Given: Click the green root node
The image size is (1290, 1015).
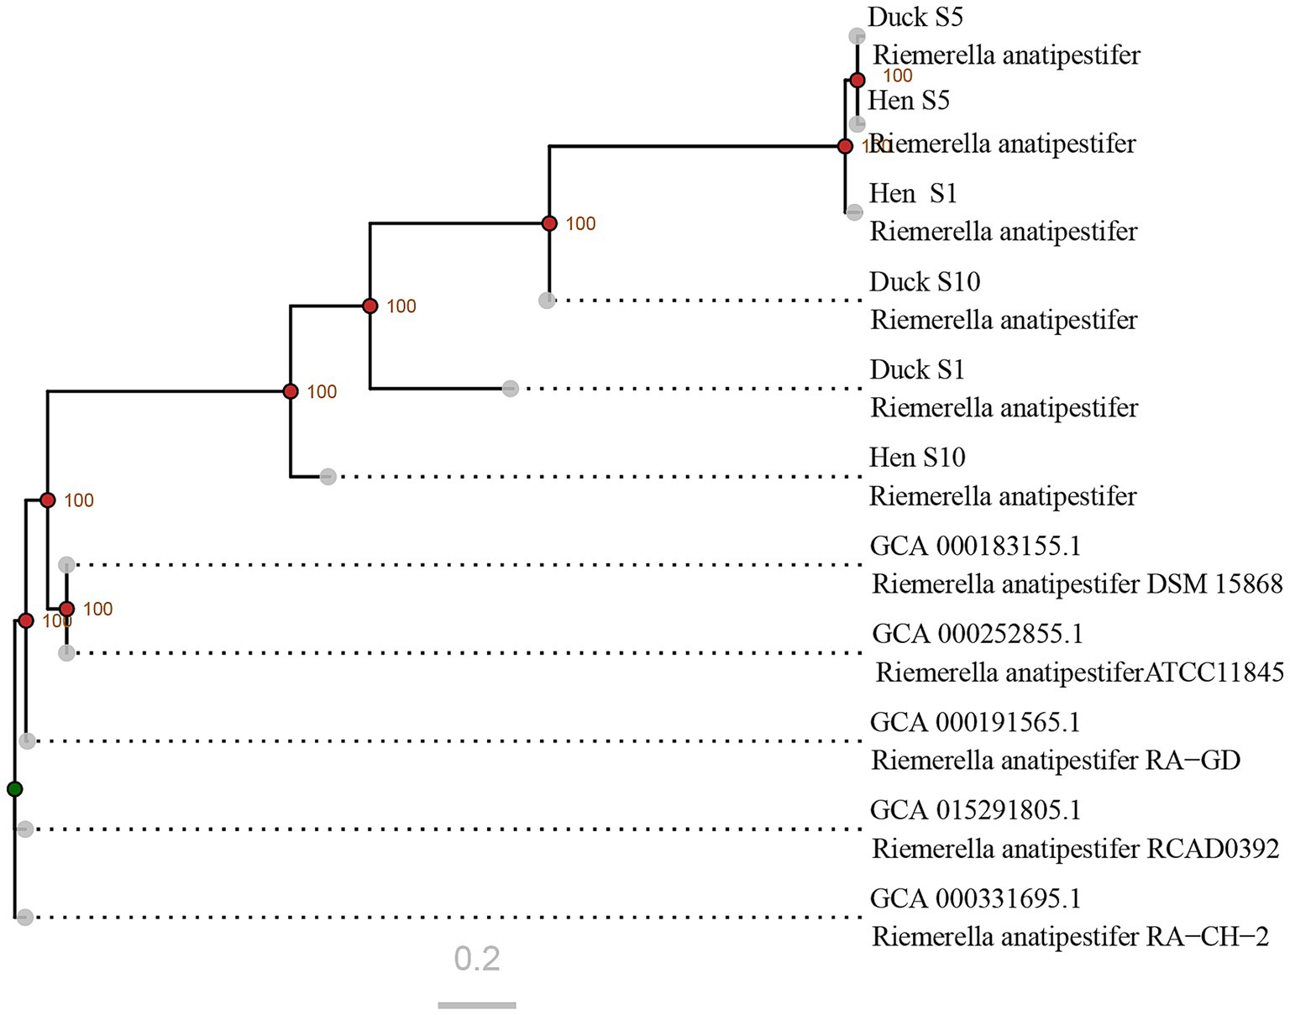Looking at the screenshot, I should (14, 789).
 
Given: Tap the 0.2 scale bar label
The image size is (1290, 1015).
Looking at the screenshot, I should (477, 959).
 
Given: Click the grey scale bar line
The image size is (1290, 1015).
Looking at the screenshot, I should (477, 1005).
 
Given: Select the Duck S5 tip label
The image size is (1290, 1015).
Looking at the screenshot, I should (915, 18).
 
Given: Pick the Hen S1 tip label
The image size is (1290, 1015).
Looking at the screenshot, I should (913, 194).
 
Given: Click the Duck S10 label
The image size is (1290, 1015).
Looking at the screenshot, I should (925, 282).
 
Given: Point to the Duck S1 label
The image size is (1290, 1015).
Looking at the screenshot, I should (917, 370).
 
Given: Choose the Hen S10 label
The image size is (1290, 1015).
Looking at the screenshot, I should (917, 458).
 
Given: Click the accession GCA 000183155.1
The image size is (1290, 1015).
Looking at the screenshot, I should (975, 547).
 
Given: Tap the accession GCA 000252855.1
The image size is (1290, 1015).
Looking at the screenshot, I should (978, 634).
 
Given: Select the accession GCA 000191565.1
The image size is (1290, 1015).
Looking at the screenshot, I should (975, 722).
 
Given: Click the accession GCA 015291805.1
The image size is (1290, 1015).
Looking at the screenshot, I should (975, 810).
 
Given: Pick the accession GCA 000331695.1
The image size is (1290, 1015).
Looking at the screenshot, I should (975, 898).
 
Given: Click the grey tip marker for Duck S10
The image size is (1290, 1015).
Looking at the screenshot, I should (547, 301).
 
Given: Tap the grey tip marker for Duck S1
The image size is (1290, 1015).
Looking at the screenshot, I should (511, 389).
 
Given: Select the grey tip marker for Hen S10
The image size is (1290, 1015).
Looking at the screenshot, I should (328, 477).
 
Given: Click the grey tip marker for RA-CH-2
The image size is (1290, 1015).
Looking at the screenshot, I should (25, 918).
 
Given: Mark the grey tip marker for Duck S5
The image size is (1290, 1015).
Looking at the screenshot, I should (857, 36).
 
